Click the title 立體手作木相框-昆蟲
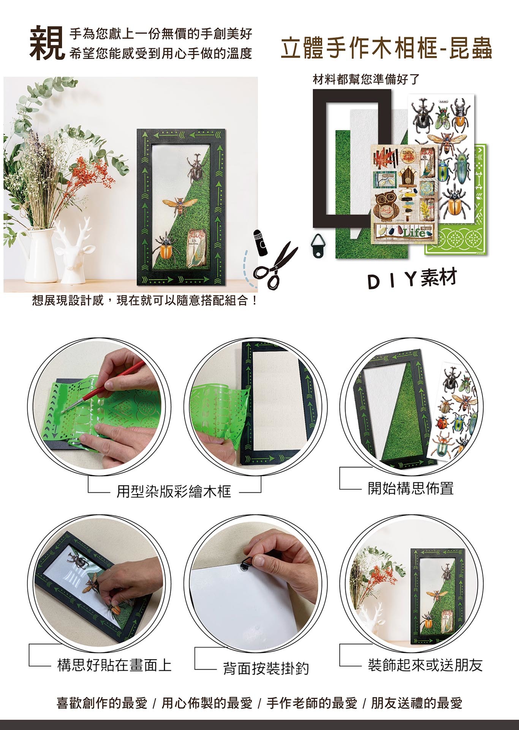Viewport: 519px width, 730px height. (x=386, y=49)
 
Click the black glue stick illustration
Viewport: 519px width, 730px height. (x=261, y=242)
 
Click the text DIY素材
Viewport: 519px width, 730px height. (x=412, y=279)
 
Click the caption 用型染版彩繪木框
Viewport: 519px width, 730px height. (x=174, y=492)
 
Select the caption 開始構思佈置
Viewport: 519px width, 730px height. (x=411, y=488)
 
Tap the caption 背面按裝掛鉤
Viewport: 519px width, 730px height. (x=266, y=668)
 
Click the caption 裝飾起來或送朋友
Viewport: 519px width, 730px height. (x=425, y=665)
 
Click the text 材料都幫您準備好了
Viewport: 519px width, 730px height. (x=366, y=79)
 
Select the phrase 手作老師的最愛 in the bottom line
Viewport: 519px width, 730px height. (x=312, y=703)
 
